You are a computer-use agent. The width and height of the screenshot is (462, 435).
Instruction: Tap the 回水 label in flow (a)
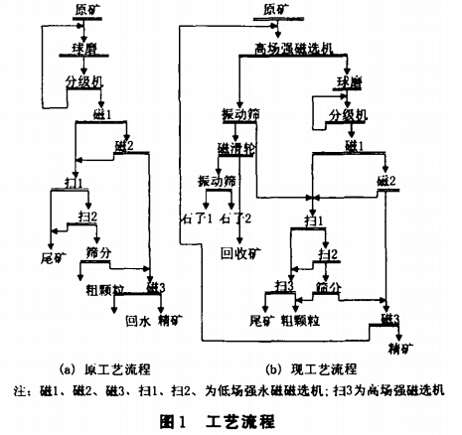click(x=137, y=320)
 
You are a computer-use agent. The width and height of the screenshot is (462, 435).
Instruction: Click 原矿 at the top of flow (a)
click(x=87, y=11)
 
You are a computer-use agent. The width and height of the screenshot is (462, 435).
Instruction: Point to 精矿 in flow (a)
click(x=170, y=320)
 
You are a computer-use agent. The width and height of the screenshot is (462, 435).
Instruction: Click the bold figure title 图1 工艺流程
click(x=230, y=417)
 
